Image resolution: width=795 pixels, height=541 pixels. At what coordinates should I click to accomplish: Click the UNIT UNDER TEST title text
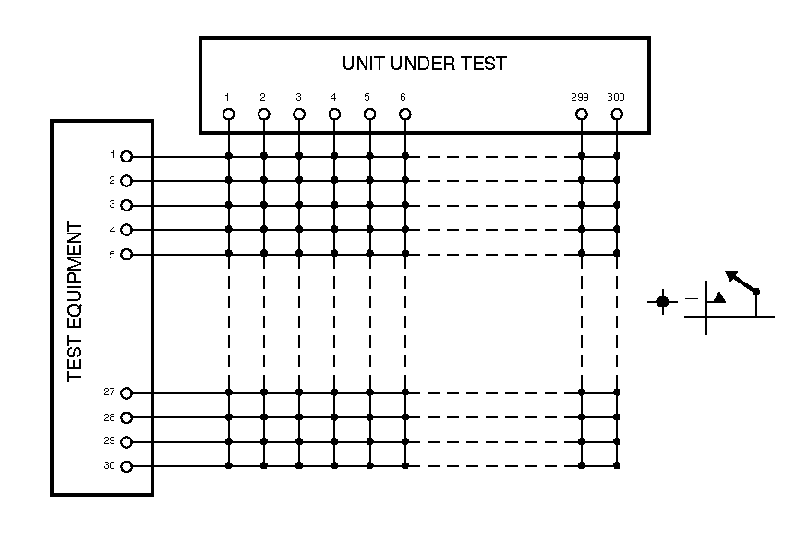[424, 64]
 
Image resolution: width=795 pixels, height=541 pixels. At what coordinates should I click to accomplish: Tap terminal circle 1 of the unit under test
[228, 114]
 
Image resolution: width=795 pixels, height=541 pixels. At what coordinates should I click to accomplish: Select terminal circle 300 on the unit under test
[617, 114]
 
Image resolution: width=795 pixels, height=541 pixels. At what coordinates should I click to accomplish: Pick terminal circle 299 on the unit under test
[582, 114]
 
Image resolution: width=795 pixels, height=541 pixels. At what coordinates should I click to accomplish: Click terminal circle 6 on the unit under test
[404, 114]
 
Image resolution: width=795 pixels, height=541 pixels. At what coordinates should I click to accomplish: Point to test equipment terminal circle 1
[126, 157]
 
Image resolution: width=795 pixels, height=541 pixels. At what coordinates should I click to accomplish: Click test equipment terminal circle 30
[126, 466]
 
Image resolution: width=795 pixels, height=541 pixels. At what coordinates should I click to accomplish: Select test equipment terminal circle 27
[126, 393]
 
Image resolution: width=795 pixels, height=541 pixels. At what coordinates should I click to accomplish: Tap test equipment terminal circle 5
[126, 254]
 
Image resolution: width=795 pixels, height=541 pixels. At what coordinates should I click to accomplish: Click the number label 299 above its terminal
[581, 97]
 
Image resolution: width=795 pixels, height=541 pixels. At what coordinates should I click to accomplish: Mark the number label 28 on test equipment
[109, 417]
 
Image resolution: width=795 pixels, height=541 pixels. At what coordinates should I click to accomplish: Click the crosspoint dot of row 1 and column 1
[228, 156]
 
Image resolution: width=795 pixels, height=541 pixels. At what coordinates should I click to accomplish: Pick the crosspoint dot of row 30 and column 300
[617, 465]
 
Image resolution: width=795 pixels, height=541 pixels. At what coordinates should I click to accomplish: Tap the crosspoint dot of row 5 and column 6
[404, 253]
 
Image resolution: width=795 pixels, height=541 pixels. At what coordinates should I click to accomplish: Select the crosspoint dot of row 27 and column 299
[582, 392]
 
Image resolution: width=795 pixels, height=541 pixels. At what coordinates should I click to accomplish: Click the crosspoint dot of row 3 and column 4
[334, 204]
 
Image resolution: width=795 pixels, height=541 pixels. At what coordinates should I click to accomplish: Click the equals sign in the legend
[691, 298]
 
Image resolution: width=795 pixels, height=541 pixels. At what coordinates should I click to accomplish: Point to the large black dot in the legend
[662, 302]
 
